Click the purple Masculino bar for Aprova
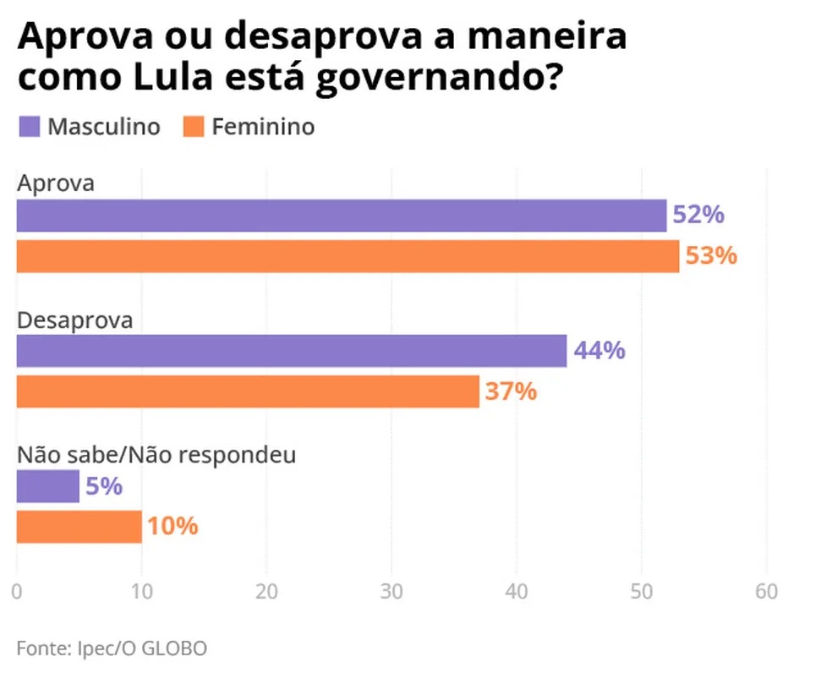(342, 216)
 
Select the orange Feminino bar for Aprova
(348, 256)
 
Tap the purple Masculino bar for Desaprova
(292, 351)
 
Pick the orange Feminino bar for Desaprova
(248, 391)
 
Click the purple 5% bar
(48, 486)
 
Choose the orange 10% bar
(79, 527)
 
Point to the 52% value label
(698, 215)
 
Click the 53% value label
(711, 255)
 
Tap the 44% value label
(599, 350)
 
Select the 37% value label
(511, 391)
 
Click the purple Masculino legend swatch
(29, 127)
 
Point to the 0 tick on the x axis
(18, 591)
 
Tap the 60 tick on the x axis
(767, 591)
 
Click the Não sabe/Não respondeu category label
(156, 455)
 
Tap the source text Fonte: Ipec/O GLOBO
(112, 648)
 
